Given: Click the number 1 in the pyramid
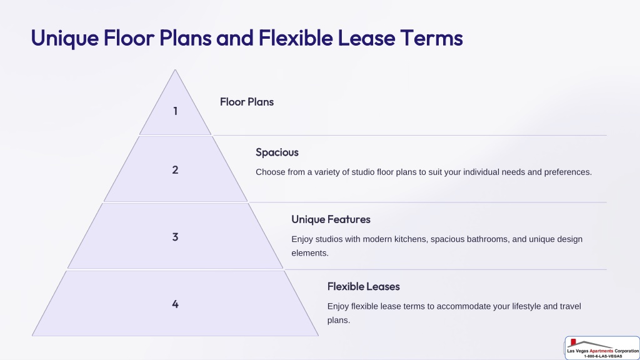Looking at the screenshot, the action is [175, 111].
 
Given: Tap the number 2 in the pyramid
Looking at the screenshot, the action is [175, 170].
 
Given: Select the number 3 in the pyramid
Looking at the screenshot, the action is [175, 237].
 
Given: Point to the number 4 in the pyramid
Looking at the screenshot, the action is [175, 304].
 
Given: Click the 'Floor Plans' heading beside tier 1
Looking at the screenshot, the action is [246, 102].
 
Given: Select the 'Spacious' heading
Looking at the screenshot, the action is [277, 152].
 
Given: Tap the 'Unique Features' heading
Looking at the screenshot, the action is [331, 219].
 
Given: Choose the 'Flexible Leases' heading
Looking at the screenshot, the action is [363, 286].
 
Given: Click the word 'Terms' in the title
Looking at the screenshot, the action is [431, 38].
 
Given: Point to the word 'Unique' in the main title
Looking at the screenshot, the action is [65, 39].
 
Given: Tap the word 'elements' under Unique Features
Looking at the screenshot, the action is [310, 253].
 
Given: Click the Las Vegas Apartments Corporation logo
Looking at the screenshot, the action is [602, 348].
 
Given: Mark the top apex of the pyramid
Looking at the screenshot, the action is [175, 70].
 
